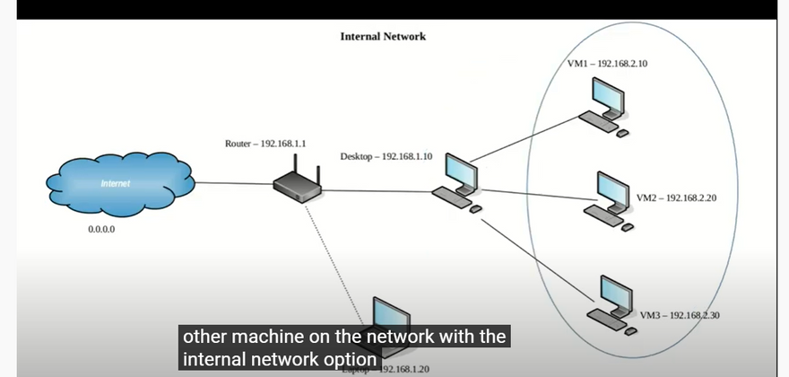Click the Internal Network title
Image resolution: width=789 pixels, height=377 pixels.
383,37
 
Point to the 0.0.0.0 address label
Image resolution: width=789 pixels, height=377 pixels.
101,229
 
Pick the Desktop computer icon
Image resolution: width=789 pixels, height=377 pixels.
457,184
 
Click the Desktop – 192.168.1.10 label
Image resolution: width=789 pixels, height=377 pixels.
386,156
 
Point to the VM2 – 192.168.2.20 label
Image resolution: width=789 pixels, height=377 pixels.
676,197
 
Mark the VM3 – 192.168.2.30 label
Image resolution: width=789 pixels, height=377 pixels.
681,316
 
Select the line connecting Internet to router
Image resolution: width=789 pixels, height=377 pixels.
234,184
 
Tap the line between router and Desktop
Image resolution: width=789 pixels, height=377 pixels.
377,191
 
